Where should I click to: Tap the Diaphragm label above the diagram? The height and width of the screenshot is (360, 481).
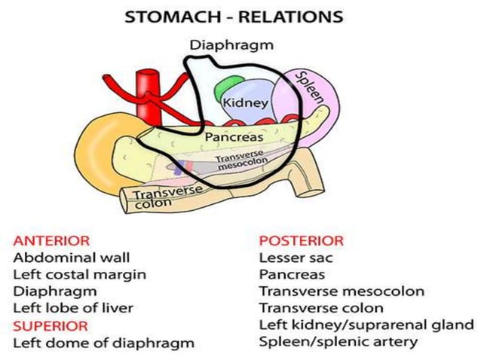click(x=231, y=45)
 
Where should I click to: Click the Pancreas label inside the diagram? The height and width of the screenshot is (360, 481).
click(x=234, y=138)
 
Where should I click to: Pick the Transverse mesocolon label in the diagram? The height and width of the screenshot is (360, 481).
click(x=237, y=163)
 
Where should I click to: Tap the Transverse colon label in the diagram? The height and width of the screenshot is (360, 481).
click(x=167, y=198)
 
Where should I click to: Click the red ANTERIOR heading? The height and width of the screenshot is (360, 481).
click(x=51, y=241)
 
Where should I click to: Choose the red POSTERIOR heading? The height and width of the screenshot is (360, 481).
click(x=301, y=241)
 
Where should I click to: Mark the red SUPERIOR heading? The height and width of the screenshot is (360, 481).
click(x=50, y=325)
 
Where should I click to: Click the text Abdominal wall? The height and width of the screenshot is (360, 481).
click(x=65, y=258)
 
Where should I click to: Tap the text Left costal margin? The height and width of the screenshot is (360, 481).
click(x=79, y=274)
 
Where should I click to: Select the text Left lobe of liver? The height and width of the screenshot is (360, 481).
click(x=74, y=308)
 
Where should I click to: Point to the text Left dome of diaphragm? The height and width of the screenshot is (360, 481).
click(x=103, y=343)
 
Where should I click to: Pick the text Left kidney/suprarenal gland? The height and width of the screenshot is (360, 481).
click(x=366, y=325)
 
